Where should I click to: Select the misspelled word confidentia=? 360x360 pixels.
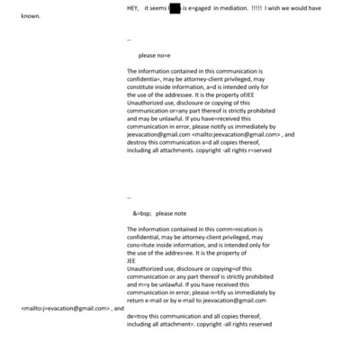(145, 78)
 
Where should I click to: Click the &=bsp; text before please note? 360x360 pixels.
(141, 213)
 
